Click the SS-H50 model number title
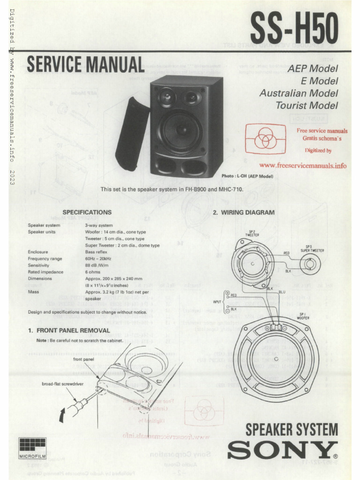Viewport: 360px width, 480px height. (x=294, y=29)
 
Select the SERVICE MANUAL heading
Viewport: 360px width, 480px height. (x=85, y=65)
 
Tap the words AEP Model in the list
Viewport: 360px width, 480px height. (x=312, y=69)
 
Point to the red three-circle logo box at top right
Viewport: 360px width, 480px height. (x=266, y=139)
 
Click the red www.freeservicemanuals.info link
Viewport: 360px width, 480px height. (x=303, y=165)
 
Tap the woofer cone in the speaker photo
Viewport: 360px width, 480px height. (x=181, y=130)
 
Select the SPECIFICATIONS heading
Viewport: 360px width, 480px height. (x=87, y=212)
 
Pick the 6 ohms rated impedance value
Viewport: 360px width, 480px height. (x=93, y=271)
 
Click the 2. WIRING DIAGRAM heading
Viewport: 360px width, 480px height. (x=244, y=212)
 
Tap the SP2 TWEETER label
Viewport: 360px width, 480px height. (x=252, y=233)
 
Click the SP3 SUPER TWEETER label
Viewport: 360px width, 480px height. (x=312, y=248)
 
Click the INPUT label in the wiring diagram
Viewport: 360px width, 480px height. (x=218, y=301)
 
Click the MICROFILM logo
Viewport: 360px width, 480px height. (x=32, y=448)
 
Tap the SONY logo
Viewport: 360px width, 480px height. (x=282, y=450)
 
